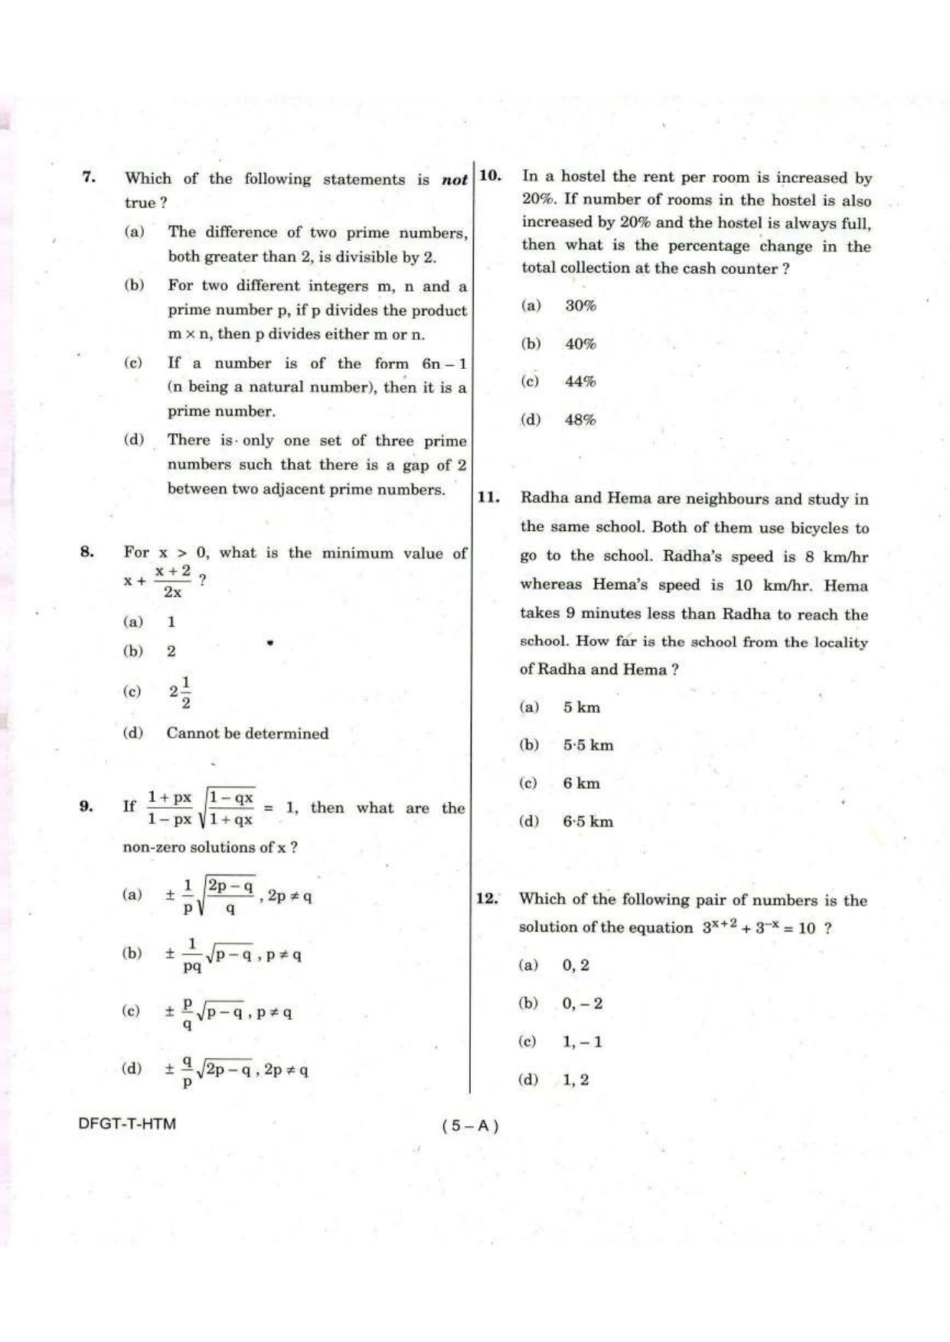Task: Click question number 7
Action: point(89,178)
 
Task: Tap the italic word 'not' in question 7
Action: point(454,180)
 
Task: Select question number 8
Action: point(87,552)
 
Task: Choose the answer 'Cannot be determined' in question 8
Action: point(247,733)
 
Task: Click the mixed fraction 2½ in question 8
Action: point(181,692)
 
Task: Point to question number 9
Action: point(87,806)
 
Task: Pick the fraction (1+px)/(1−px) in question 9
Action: point(169,808)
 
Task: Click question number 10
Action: point(490,176)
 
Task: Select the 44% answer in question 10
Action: point(580,381)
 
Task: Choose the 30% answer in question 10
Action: point(580,305)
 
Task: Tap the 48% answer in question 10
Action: point(580,419)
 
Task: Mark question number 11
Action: point(488,497)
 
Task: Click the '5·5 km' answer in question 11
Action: point(588,744)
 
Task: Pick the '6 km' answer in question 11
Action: point(581,783)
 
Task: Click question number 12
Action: point(487,898)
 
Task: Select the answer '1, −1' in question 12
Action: point(582,1041)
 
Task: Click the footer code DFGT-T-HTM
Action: point(127,1124)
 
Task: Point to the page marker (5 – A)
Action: point(470,1125)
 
